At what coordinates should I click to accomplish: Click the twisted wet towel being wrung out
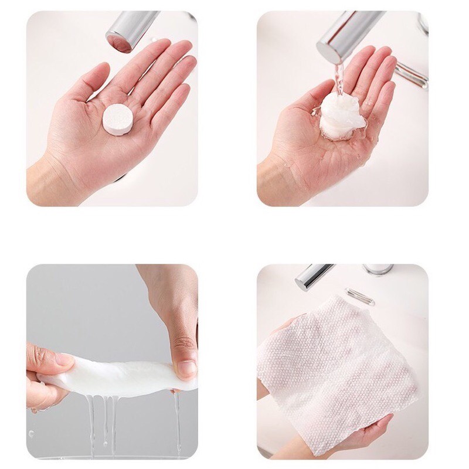[117, 375]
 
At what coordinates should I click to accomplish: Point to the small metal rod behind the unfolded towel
[359, 295]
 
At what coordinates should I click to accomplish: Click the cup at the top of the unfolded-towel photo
[378, 270]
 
